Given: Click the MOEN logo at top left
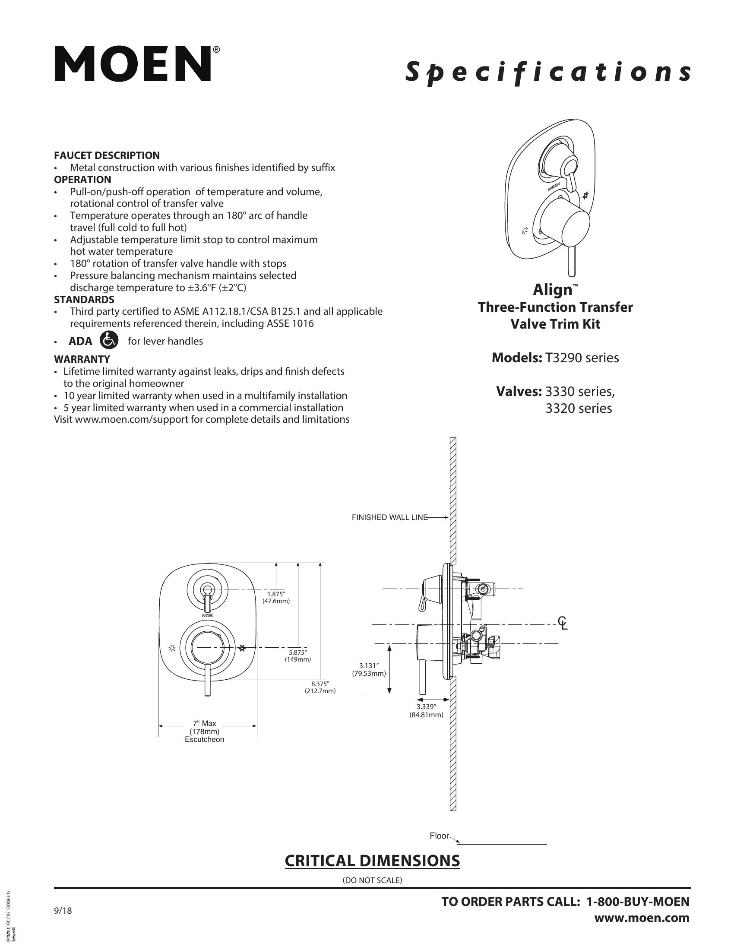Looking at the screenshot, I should click(x=133, y=64).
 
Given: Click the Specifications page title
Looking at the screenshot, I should click(x=547, y=72).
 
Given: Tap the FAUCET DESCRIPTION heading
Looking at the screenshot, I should click(x=107, y=155).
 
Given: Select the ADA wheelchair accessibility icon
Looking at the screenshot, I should click(x=109, y=340).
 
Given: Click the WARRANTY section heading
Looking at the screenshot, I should click(x=82, y=359).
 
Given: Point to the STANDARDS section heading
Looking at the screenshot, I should click(x=84, y=300).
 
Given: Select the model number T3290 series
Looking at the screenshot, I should click(x=582, y=358).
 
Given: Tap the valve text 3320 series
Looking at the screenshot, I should click(x=578, y=408).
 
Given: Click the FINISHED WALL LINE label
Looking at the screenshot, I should click(x=389, y=517).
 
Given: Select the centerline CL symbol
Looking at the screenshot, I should click(x=563, y=623).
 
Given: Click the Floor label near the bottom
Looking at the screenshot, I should click(x=439, y=836).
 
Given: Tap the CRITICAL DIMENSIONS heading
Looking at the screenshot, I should click(x=372, y=861).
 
